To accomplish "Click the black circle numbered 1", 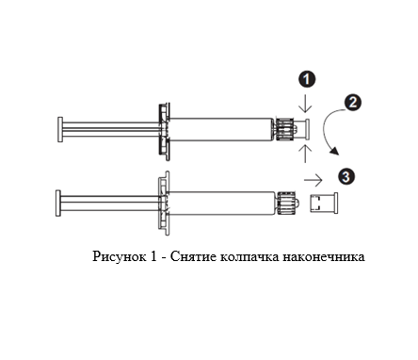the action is [306, 79].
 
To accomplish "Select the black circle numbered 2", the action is [352, 103].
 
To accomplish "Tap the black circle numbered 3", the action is [346, 176].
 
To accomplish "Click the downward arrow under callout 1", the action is [305, 103].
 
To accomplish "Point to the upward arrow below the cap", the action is [305, 154].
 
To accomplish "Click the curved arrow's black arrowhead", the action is [334, 151].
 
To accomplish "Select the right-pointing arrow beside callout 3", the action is [313, 180].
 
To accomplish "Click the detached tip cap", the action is [324, 204].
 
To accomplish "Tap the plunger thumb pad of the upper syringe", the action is [60, 129].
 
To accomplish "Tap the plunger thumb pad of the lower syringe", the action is [58, 203].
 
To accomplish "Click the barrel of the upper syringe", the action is [221, 129].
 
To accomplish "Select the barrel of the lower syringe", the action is [222, 203].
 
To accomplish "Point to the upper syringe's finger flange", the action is [164, 132].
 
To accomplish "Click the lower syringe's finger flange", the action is [164, 203].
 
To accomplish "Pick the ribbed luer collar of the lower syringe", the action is [286, 203].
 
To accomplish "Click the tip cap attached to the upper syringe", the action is [302, 129].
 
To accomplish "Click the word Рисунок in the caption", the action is [120, 256].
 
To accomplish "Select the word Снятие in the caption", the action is [193, 256].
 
